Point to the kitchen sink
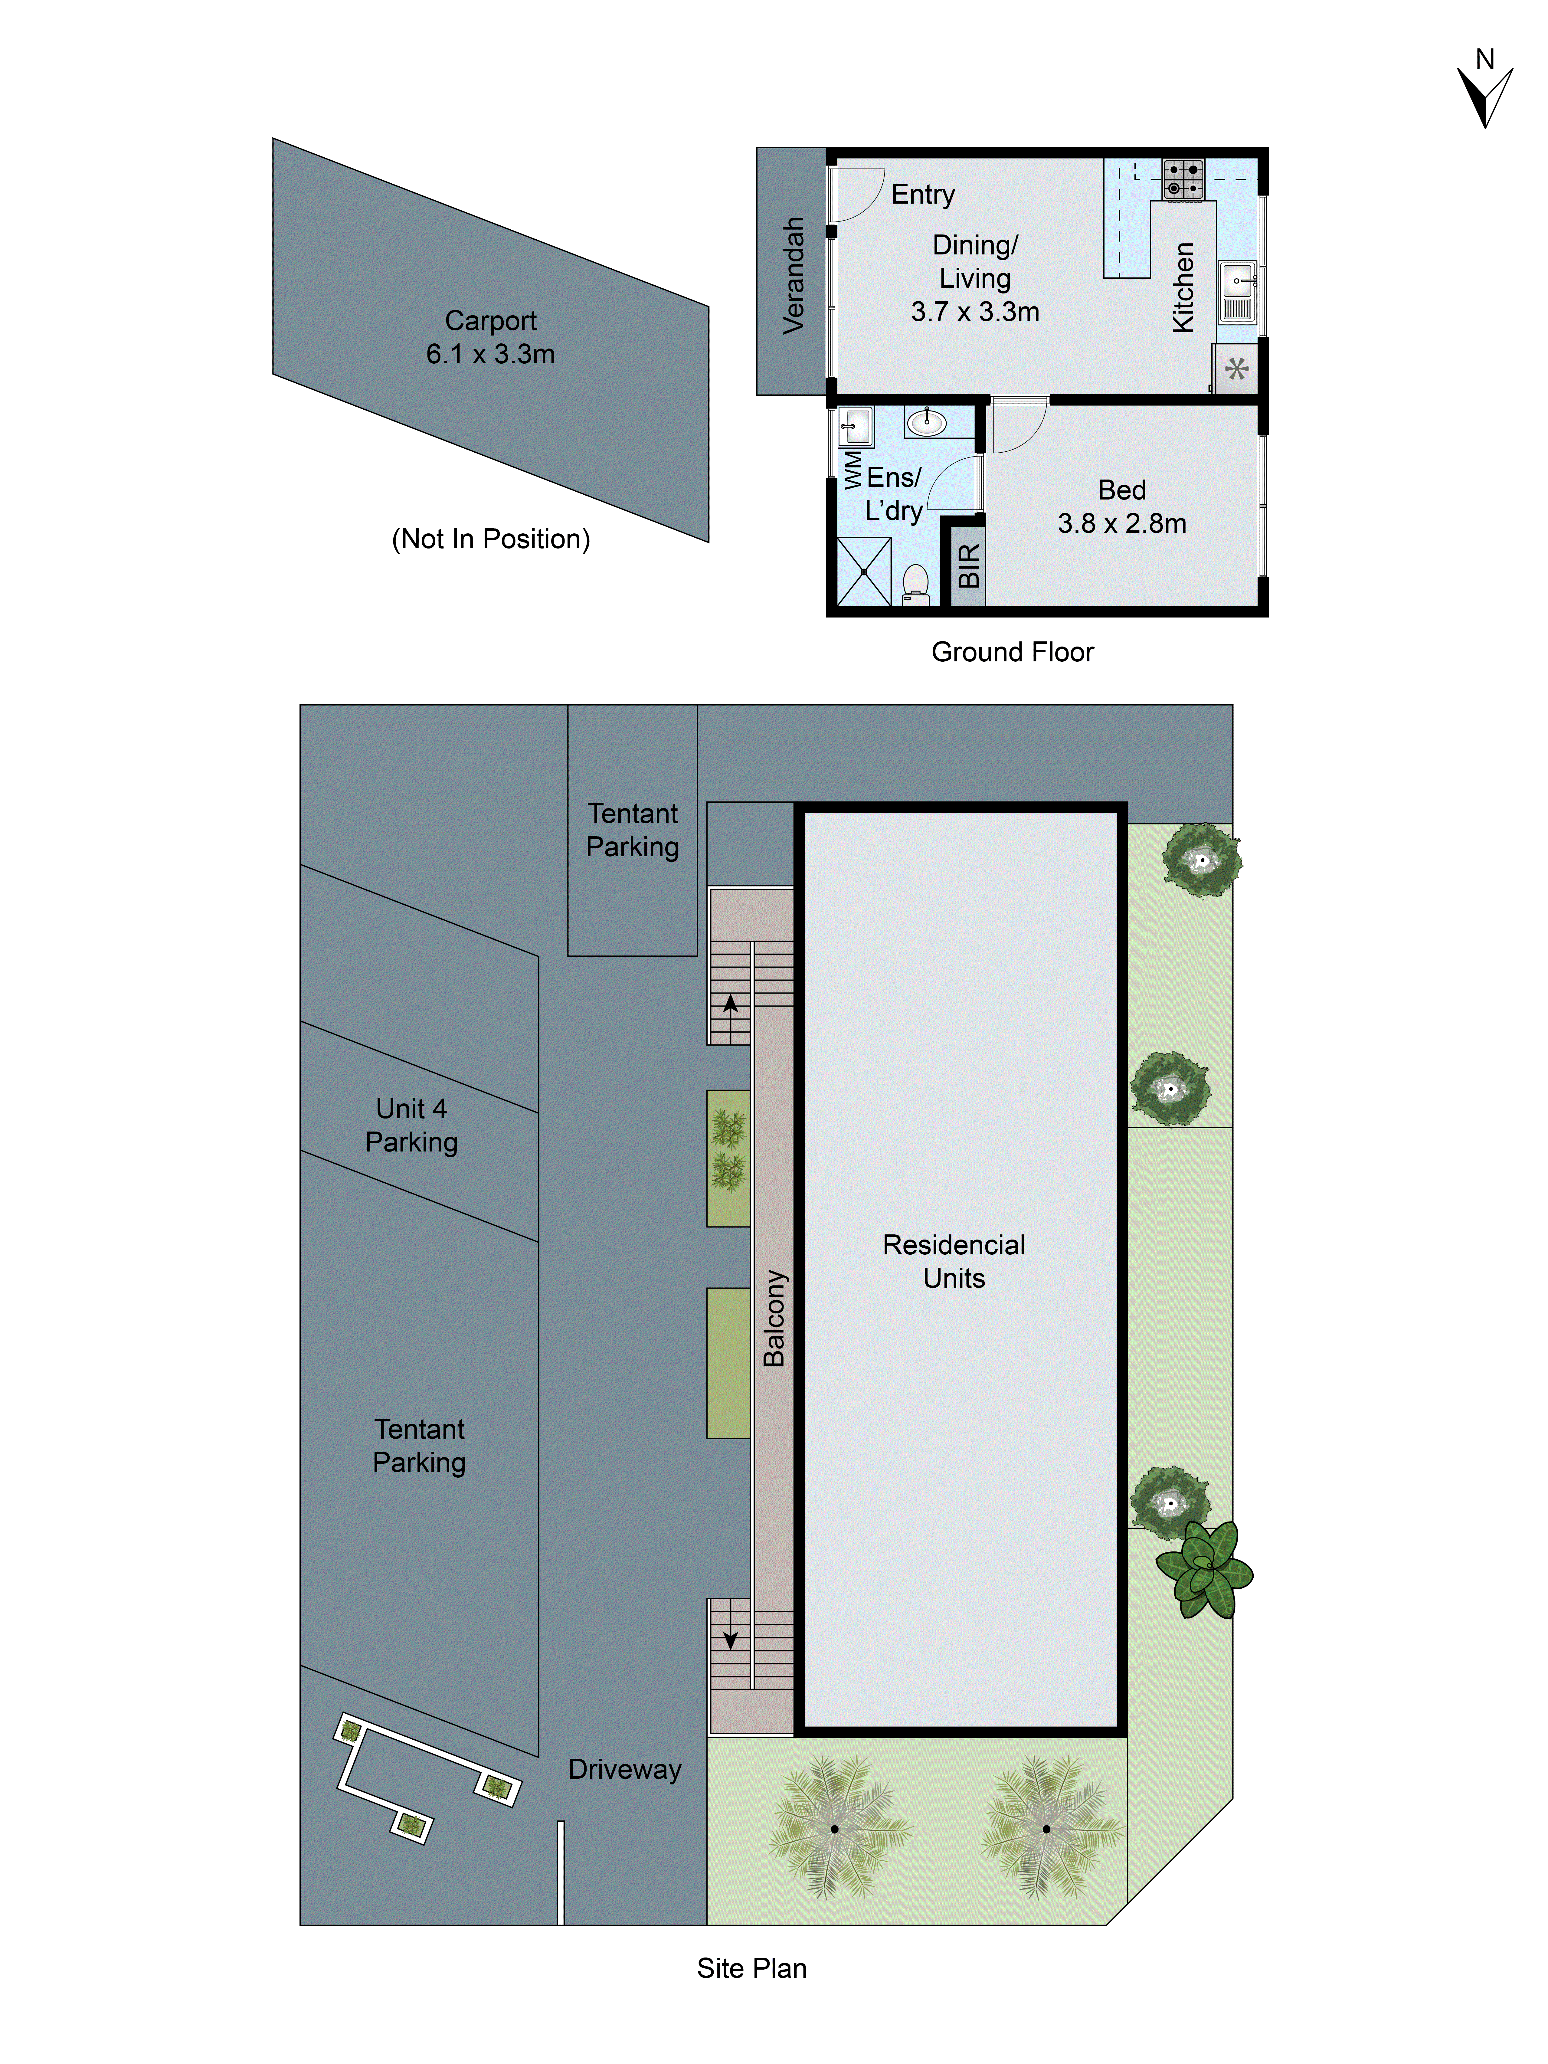coord(1237,280)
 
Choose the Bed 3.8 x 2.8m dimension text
coord(1121,523)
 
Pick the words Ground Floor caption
coord(1013,652)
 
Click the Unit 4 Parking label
coord(411,1125)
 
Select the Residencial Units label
coord(954,1262)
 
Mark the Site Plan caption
coord(751,1968)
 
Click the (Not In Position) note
coord(491,539)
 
